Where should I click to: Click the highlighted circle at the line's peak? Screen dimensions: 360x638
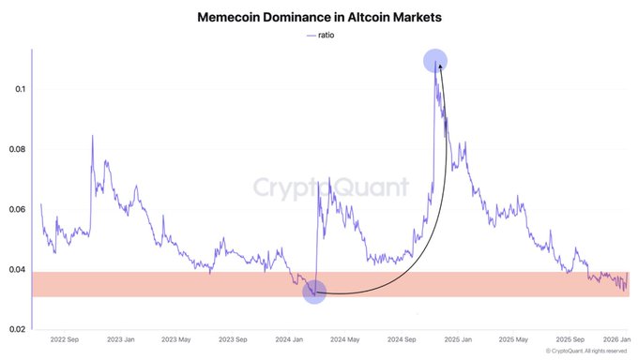pyautogui.click(x=434, y=61)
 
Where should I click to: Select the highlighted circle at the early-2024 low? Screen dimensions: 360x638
pyautogui.click(x=315, y=292)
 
